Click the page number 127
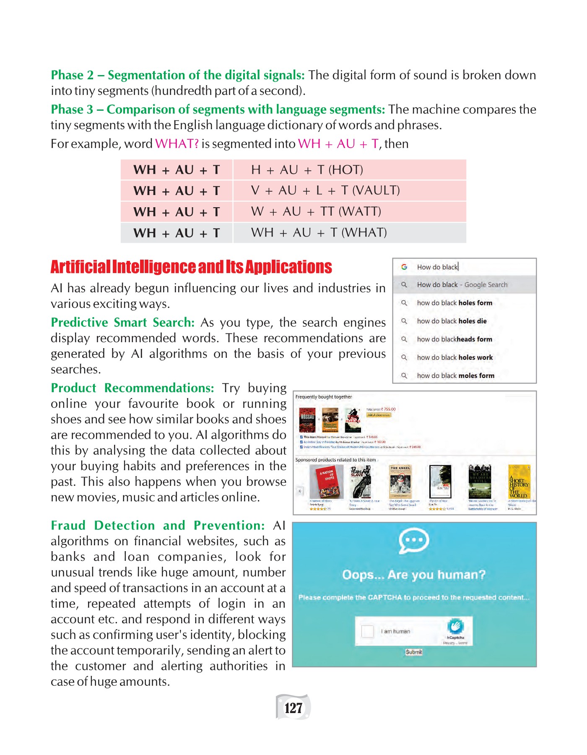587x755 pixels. pos(293,708)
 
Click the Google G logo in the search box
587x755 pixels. pos(404,267)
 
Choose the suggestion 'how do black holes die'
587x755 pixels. pos(452,321)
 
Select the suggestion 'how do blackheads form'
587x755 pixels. pos(455,339)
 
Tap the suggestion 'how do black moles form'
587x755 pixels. pos(455,375)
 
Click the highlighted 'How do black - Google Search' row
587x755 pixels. pos(462,284)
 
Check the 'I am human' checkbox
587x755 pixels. pos(367,631)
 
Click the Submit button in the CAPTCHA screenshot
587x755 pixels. pos(414,652)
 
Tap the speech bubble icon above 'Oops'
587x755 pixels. pos(414,540)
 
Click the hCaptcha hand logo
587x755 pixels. pos(455,626)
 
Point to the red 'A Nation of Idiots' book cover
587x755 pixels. pos(326,481)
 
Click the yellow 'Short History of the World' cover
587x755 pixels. pos(519,482)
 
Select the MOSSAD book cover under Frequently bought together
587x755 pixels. pos(307,420)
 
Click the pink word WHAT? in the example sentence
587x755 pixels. pos(177,144)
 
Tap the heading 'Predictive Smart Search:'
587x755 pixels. pos(122,323)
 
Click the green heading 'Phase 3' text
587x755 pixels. pos(72,109)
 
